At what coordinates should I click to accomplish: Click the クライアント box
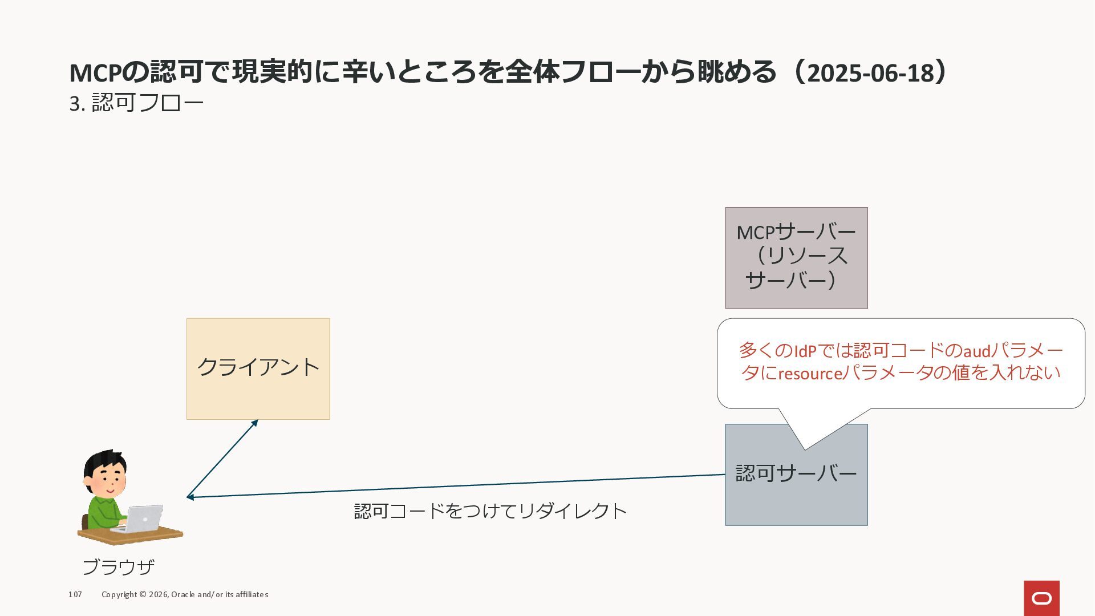click(258, 368)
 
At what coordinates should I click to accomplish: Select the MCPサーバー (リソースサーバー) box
click(796, 258)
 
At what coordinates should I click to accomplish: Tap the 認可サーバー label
click(796, 473)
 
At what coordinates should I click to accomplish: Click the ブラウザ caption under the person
click(119, 567)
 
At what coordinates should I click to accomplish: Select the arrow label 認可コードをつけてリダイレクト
click(490, 510)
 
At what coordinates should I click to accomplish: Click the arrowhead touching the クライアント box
click(255, 423)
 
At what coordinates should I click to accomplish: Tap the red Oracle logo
click(1041, 598)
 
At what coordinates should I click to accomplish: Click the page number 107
click(75, 594)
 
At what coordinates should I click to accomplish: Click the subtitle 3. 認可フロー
click(136, 103)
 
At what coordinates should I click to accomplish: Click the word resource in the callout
click(810, 374)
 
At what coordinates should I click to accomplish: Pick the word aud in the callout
click(976, 351)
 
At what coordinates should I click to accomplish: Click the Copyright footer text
click(185, 594)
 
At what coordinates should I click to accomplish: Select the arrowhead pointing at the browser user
click(190, 497)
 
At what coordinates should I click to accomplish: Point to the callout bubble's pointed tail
click(805, 446)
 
